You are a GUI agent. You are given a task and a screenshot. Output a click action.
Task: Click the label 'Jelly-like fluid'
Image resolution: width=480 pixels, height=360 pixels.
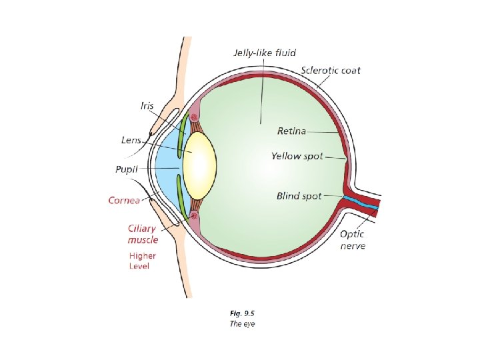(265, 52)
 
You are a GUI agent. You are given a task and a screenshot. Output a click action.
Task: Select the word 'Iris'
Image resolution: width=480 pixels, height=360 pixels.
(147, 105)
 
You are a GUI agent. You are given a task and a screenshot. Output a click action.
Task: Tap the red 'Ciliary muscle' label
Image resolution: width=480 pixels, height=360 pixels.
(142, 234)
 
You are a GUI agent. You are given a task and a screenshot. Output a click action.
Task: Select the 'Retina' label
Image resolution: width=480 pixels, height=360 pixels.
(292, 131)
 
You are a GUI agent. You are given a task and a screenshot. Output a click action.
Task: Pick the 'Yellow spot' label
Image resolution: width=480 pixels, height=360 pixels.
(297, 156)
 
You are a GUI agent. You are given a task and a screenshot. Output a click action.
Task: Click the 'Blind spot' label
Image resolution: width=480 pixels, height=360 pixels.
(299, 196)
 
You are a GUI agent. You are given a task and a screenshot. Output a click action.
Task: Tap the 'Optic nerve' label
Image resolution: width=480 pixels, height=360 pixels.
(353, 240)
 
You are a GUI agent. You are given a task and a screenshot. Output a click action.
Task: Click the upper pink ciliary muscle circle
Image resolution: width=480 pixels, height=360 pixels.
(195, 118)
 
